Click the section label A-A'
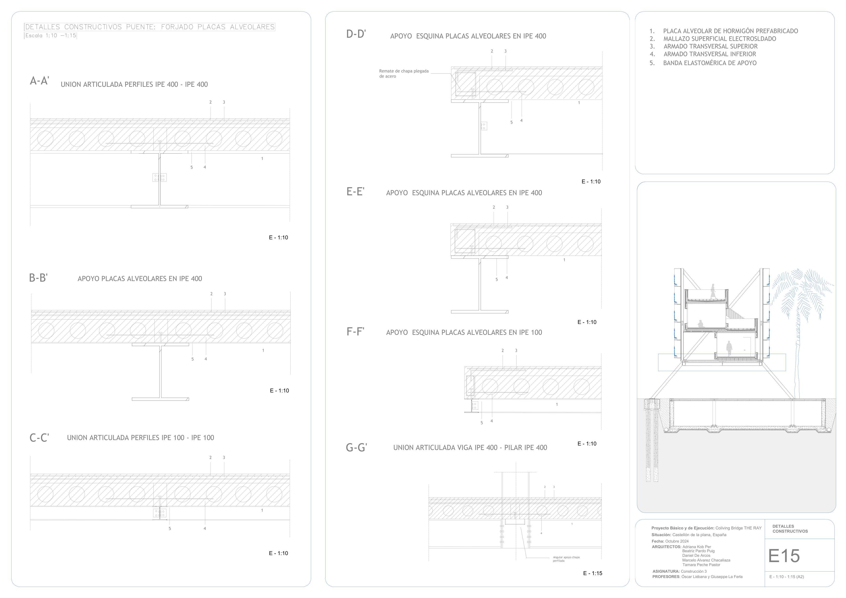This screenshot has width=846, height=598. [39, 81]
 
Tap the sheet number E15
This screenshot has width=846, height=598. [784, 556]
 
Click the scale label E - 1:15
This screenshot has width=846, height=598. [593, 573]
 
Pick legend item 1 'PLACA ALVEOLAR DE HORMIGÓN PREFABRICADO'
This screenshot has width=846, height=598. [730, 31]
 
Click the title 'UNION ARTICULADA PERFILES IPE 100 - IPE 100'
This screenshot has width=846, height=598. [140, 437]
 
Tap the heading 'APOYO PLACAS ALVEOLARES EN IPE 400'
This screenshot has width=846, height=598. [140, 279]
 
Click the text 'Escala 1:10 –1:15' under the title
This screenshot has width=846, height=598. [50, 36]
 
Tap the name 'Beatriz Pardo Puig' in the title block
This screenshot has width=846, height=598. [698, 551]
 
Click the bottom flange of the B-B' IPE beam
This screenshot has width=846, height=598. [160, 399]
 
